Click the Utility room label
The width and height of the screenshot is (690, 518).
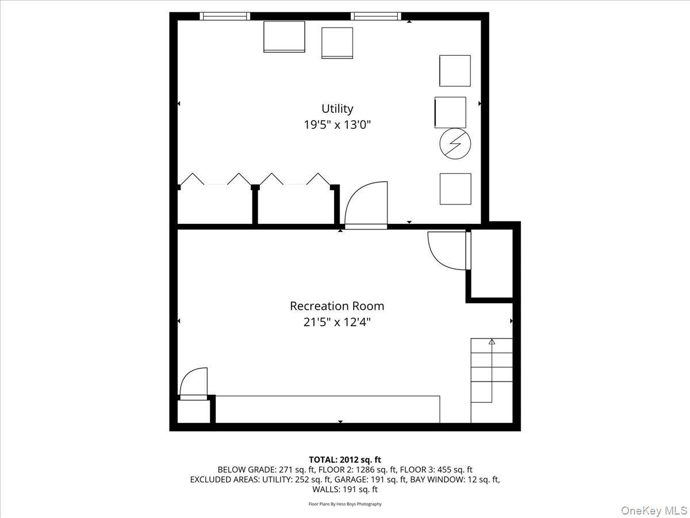tap(337, 108)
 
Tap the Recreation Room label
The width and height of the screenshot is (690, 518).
tap(337, 306)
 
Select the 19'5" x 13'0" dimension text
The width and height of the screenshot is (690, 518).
tap(337, 124)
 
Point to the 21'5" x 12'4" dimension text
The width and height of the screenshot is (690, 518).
tap(337, 322)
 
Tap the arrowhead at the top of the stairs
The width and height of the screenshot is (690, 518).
tap(492, 342)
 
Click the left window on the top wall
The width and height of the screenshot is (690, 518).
tap(225, 16)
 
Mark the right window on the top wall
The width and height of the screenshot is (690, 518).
tap(376, 16)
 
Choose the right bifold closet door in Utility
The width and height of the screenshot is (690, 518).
tap(294, 179)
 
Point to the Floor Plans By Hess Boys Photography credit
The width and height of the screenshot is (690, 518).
tap(345, 504)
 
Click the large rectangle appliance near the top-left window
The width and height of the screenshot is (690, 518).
tap(284, 37)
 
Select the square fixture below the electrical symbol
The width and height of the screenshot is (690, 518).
tap(455, 189)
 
